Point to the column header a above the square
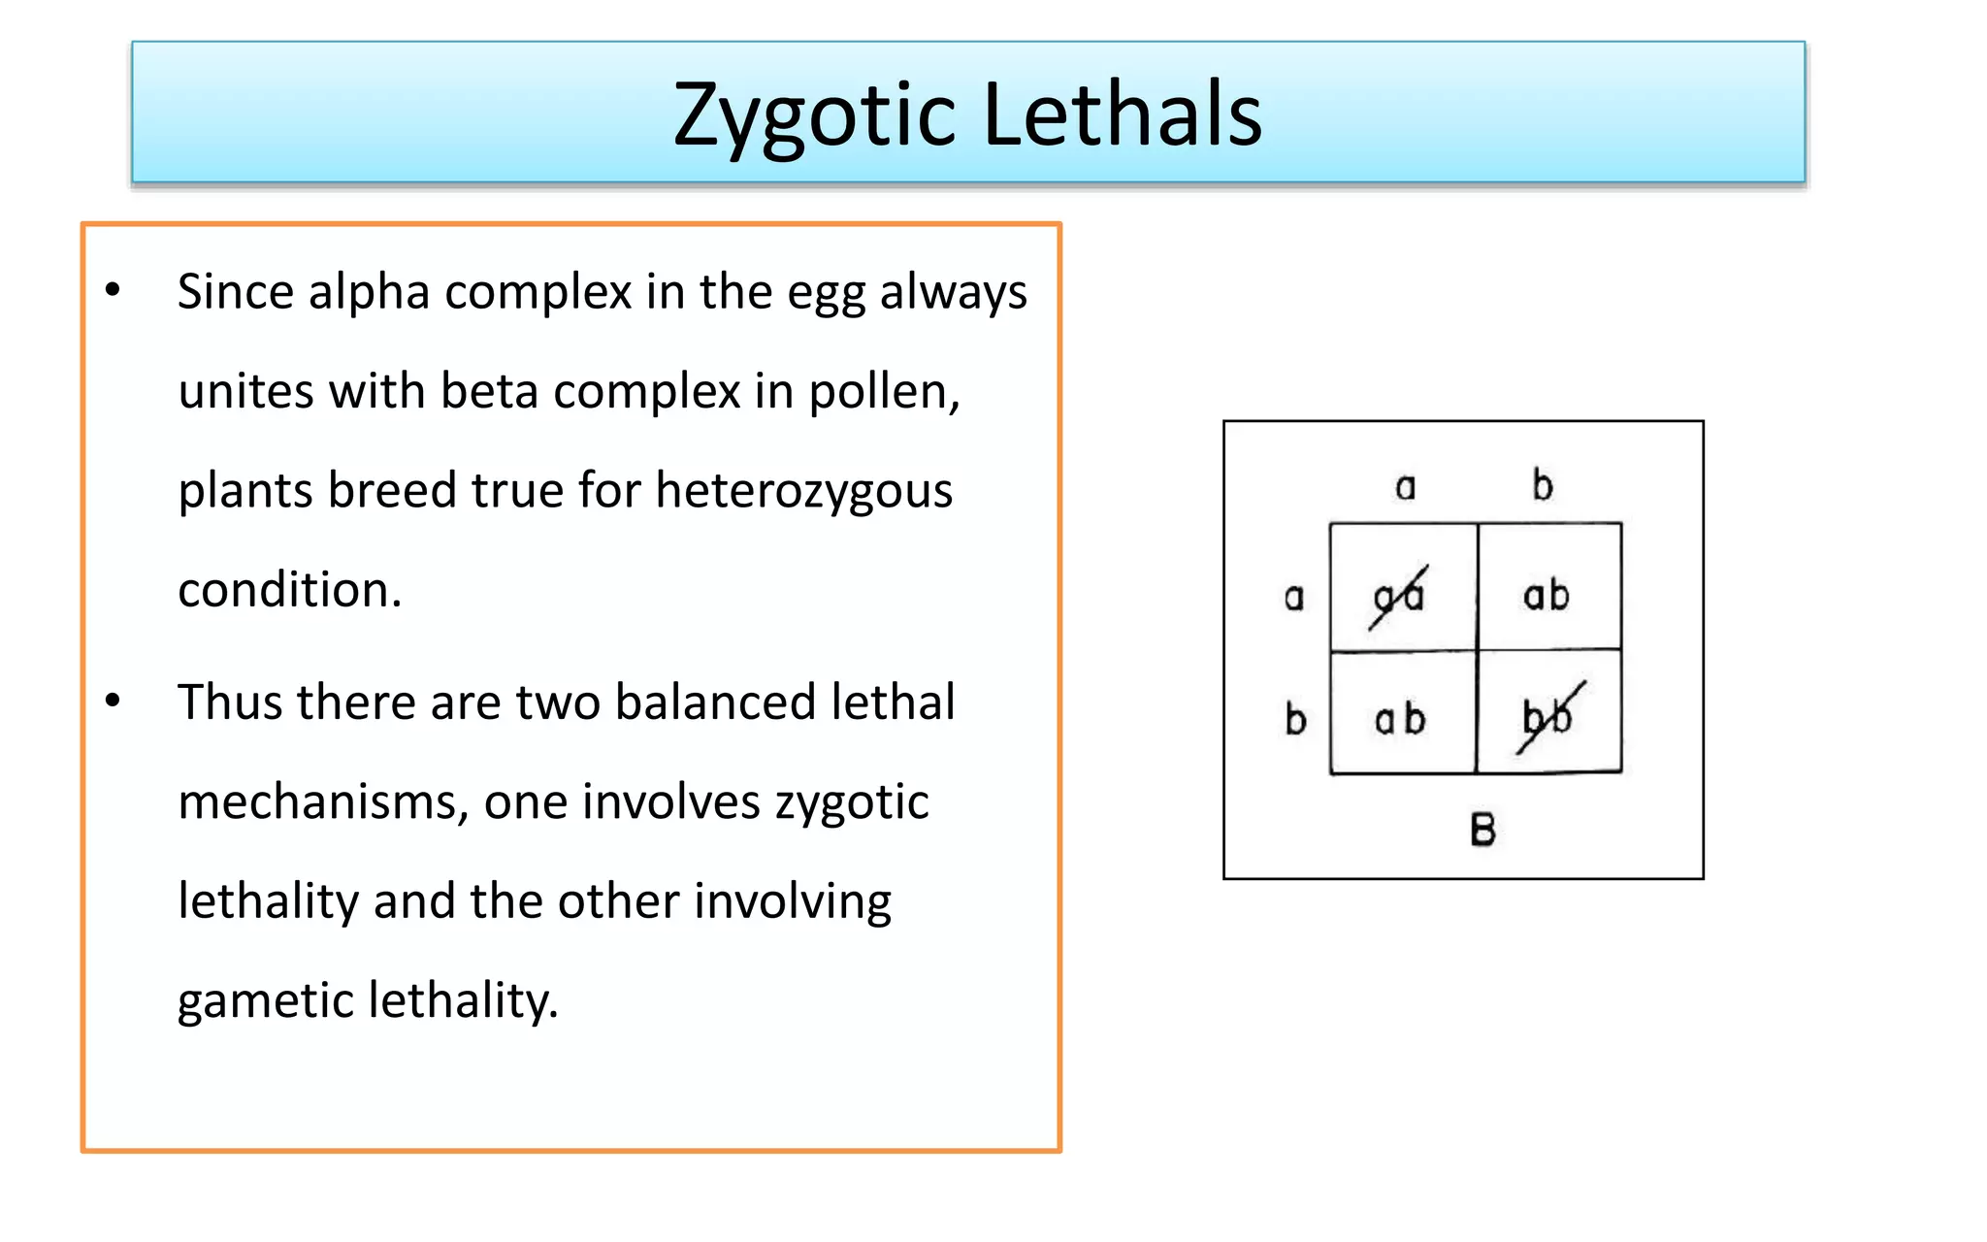[1405, 486]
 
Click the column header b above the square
[1543, 484]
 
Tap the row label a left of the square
[1294, 597]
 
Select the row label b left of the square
[1295, 719]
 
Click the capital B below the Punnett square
[1482, 830]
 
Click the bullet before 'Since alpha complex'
[114, 290]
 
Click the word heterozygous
[803, 490]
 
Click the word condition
[288, 589]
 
